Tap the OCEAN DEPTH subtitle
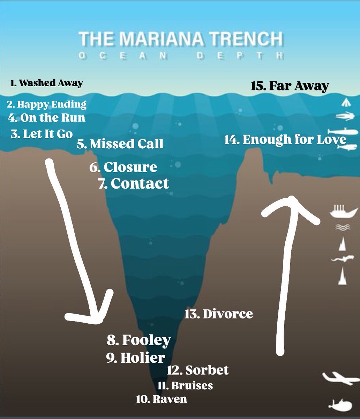181,56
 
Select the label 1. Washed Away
47,83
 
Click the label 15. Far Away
290,86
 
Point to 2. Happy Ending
46,105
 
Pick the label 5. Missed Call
120,144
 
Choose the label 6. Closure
123,167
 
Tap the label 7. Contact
134,183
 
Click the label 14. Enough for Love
285,140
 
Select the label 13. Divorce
219,314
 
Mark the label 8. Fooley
139,340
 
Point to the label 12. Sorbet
198,370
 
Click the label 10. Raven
162,399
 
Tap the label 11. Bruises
185,385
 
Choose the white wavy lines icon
343,227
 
